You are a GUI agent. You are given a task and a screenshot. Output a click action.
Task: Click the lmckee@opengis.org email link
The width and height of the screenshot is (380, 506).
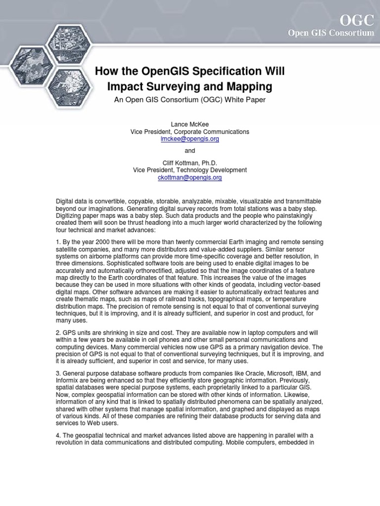[x=190, y=139]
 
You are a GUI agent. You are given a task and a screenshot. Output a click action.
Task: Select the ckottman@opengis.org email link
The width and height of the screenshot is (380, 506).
[x=190, y=177]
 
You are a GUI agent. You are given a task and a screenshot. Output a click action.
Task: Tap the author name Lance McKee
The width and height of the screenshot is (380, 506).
[x=190, y=125]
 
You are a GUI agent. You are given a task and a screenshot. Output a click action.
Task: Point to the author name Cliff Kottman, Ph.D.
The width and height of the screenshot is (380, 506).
[x=190, y=163]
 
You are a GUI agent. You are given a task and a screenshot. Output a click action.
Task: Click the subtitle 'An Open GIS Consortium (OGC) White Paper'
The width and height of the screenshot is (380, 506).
[x=190, y=100]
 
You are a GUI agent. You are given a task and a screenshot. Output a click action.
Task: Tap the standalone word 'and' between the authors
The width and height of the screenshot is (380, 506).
[x=190, y=151]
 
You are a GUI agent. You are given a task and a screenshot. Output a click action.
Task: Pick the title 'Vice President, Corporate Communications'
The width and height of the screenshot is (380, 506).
[x=190, y=132]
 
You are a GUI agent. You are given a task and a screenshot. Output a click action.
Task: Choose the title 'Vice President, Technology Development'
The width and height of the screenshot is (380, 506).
[x=190, y=170]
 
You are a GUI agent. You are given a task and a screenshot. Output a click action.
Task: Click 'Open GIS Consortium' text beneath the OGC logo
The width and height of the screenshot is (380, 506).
[x=338, y=33]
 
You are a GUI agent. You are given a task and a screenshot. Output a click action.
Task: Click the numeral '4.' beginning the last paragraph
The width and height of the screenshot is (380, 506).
[x=58, y=435]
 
